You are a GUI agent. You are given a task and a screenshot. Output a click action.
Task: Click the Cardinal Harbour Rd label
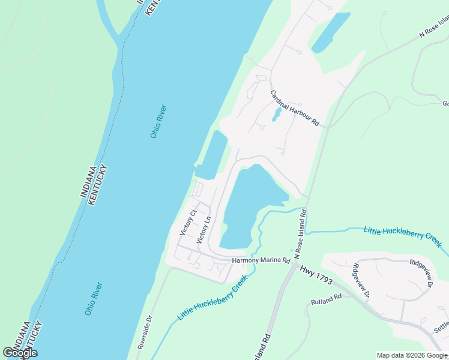point(294,109)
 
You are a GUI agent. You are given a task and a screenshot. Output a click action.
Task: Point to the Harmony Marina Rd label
point(261,261)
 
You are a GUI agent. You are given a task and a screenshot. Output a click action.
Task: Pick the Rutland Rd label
point(326,298)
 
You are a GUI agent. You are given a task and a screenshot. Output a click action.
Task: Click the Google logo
point(20,353)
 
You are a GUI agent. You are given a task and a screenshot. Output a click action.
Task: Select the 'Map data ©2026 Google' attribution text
point(412,355)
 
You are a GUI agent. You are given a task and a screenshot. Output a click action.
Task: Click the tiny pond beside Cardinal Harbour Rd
point(276,115)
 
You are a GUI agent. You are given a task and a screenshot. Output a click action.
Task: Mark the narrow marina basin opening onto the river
point(212,155)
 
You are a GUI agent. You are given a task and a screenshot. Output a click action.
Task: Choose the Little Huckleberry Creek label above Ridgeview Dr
point(402,236)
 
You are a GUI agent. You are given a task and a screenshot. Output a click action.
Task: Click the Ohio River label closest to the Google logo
point(94,299)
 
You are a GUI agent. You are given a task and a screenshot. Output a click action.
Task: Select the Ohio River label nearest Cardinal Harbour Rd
point(158,122)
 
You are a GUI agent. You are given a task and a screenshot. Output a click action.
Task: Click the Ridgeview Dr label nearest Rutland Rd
point(361,281)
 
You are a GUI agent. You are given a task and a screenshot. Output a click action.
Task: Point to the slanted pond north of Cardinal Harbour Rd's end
point(330,33)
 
